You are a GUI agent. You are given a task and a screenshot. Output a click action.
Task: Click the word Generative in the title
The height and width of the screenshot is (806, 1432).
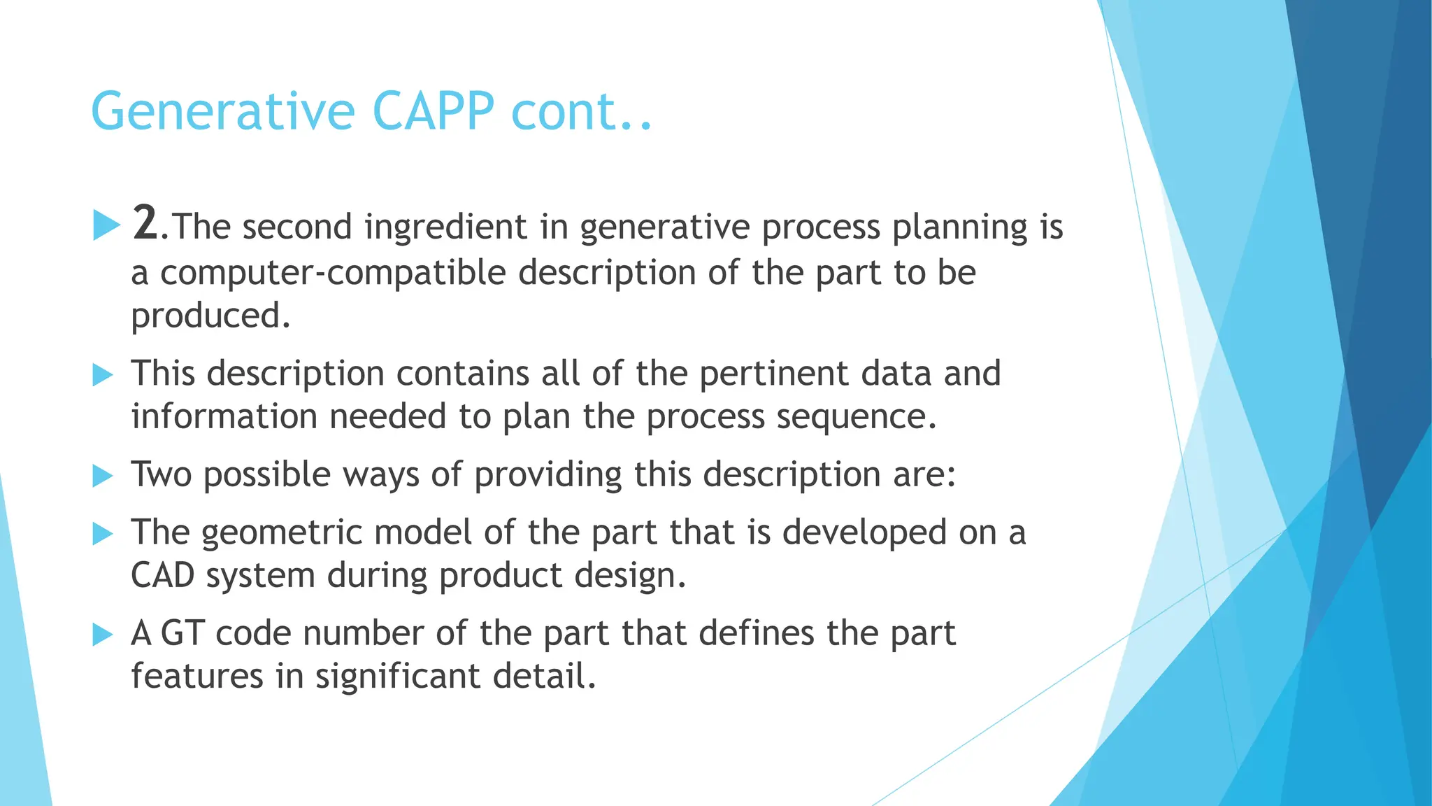[223, 112]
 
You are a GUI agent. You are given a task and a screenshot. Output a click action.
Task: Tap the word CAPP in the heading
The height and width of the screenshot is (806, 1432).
[433, 112]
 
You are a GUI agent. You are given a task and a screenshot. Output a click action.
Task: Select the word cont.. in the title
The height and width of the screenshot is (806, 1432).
[581, 112]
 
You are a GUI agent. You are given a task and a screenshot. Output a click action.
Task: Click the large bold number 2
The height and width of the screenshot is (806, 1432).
[145, 224]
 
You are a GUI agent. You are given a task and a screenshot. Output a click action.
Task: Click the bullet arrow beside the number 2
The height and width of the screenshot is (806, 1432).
[106, 225]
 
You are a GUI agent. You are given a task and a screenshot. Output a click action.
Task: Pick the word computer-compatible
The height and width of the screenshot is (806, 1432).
[333, 272]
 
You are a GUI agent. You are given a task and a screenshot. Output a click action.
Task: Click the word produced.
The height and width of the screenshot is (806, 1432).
[210, 316]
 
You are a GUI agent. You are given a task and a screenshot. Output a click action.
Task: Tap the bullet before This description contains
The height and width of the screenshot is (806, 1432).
[103, 376]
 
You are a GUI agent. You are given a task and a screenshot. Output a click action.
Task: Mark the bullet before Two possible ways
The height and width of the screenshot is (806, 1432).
[103, 476]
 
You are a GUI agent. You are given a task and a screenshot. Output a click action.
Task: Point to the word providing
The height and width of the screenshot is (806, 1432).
[547, 475]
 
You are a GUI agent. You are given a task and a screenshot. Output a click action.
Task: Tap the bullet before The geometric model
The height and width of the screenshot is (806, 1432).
[103, 535]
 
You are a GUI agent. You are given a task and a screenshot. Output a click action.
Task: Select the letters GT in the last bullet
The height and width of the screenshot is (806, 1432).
[182, 633]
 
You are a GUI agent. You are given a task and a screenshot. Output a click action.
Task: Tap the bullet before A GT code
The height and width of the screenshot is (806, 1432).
[103, 635]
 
